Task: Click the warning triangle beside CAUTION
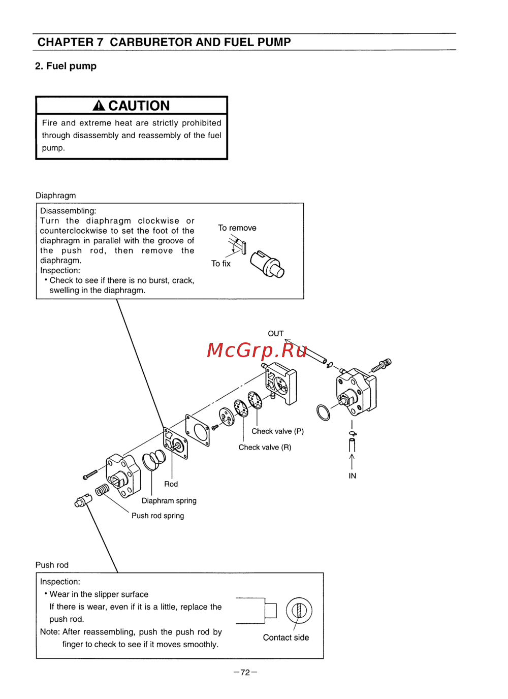click(x=99, y=106)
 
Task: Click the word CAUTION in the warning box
click(x=139, y=106)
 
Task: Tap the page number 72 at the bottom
click(x=245, y=673)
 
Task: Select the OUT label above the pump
click(x=276, y=334)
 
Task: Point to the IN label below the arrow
click(x=352, y=476)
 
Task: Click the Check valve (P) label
click(x=277, y=431)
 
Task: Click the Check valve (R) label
click(x=265, y=448)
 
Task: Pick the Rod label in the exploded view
click(x=171, y=484)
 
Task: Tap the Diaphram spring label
click(x=169, y=501)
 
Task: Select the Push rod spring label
click(x=157, y=516)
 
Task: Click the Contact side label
click(x=285, y=638)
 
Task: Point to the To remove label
click(x=237, y=228)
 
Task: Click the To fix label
click(x=221, y=264)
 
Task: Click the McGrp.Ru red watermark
click(x=257, y=350)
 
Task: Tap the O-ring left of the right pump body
click(x=323, y=412)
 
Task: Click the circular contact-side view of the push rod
click(x=299, y=611)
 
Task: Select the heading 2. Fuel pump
click(x=66, y=66)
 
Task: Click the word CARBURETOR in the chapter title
click(x=150, y=42)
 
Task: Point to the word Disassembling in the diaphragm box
click(x=68, y=211)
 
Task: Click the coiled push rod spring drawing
click(x=102, y=490)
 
